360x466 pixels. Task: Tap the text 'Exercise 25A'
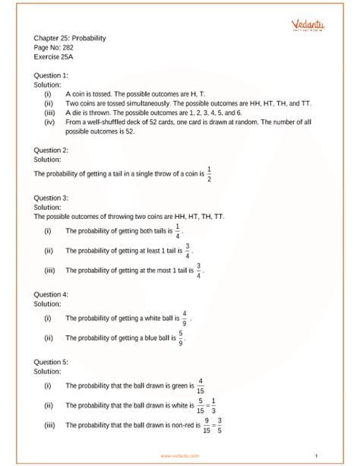[55, 55]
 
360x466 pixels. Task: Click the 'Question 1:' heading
[52, 76]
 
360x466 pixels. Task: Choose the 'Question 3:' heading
[52, 198]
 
